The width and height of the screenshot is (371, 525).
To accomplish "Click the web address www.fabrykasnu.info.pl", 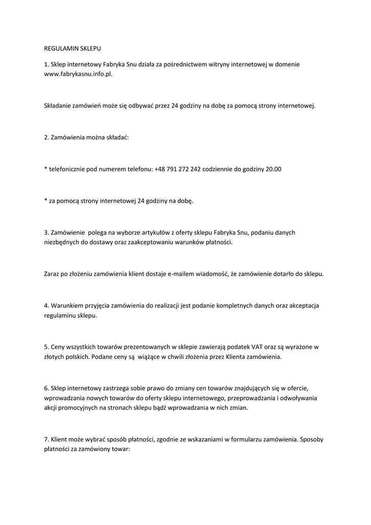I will click(x=78, y=74).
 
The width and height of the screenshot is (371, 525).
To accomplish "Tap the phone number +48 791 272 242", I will click(x=177, y=169).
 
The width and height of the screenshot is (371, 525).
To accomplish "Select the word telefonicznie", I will click(x=67, y=169).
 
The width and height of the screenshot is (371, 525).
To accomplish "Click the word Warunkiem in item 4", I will click(x=67, y=306).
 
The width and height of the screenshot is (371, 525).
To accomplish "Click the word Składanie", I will click(x=58, y=106).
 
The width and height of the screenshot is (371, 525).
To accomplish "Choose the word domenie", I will click(x=288, y=65).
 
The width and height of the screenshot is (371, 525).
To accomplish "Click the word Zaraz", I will click(x=52, y=274).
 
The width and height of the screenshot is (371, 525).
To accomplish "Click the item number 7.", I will click(x=46, y=439).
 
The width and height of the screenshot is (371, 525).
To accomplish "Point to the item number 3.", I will click(x=46, y=232).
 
